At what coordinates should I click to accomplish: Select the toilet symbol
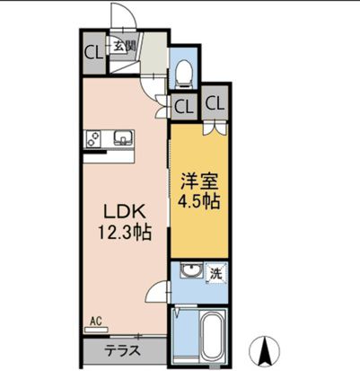point(182,69)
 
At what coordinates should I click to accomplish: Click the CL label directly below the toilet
point(183,105)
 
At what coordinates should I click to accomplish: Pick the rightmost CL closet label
point(215,102)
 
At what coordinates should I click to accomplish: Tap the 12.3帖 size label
point(125,232)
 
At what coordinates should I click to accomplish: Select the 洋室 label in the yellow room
point(198,180)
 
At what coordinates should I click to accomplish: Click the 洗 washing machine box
point(215,272)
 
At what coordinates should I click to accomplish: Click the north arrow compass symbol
point(267,347)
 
